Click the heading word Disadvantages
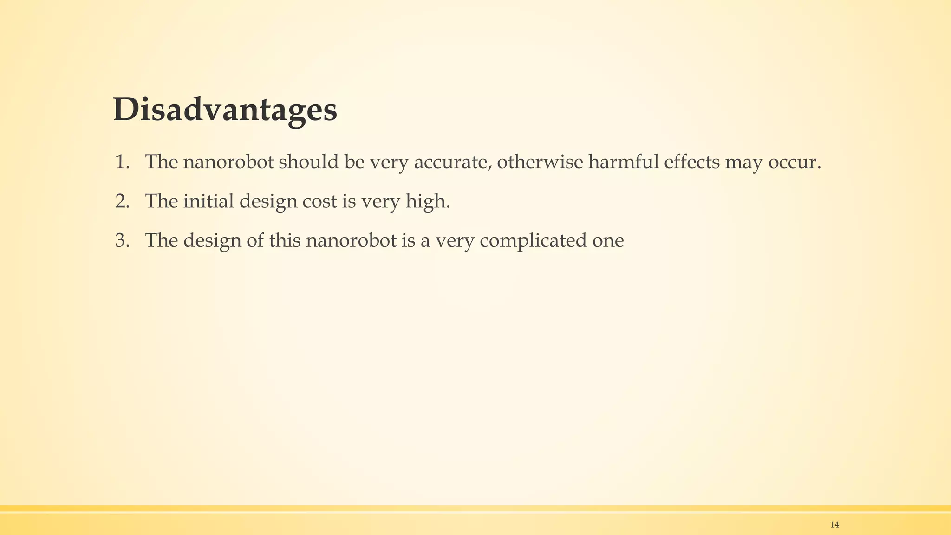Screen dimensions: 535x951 pos(225,111)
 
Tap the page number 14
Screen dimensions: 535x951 pos(834,525)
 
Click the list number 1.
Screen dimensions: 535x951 pos(122,162)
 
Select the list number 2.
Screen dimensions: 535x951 pos(122,201)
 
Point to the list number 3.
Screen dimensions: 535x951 pos(122,241)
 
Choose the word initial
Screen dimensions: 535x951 pos(208,201)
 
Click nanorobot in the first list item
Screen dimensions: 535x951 pos(228,162)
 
